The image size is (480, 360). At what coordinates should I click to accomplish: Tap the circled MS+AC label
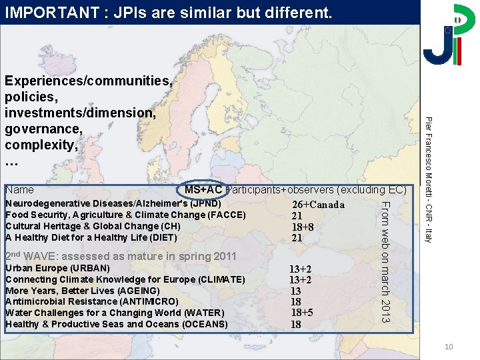click(203, 190)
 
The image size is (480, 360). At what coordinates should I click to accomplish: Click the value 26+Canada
click(319, 205)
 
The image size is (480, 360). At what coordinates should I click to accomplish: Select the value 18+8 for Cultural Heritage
click(303, 227)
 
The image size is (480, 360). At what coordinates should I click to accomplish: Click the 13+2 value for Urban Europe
click(300, 269)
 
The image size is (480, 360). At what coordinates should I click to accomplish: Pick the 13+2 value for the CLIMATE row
click(300, 280)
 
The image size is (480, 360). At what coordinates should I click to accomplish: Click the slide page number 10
click(449, 347)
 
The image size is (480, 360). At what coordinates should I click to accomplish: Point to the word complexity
click(41, 145)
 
